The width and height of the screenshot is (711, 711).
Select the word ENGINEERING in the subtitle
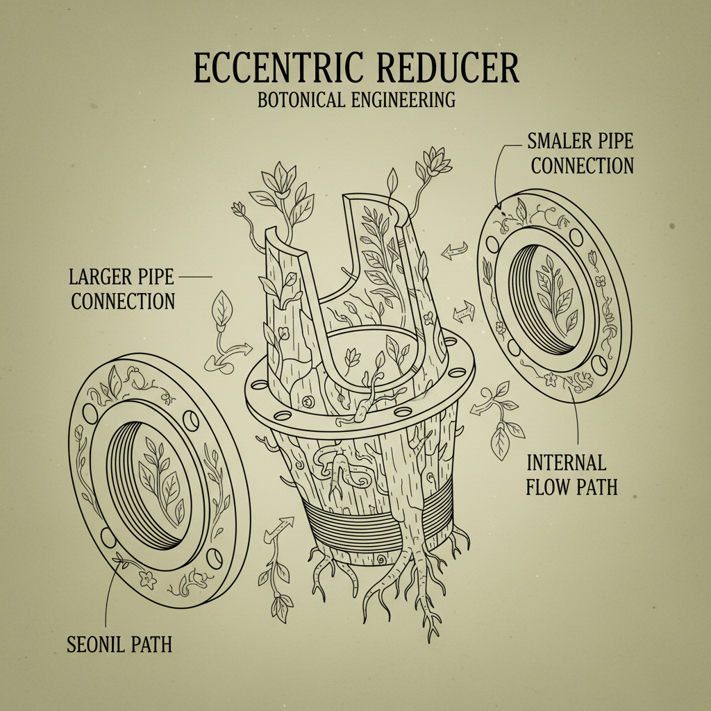coord(405,99)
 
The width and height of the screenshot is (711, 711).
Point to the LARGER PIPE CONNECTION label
coord(122,289)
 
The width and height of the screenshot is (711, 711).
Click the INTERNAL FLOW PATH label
coord(571,474)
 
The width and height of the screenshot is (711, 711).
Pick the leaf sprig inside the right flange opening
coord(554,295)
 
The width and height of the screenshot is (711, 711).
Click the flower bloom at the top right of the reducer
coord(435,162)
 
